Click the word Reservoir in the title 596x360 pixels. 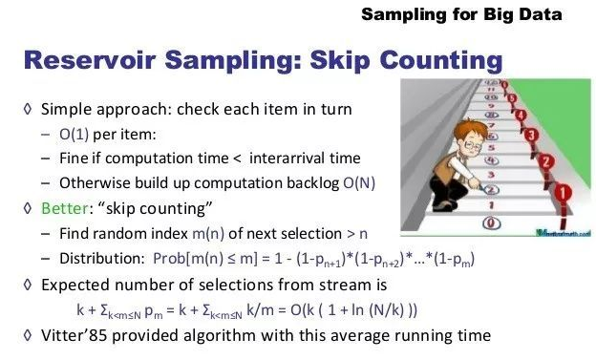coord(90,60)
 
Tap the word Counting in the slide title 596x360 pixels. coord(441,61)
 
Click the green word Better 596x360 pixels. coord(65,208)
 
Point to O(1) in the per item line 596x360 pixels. coord(74,135)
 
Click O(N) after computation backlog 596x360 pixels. coord(359,183)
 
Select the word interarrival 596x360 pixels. coord(287,159)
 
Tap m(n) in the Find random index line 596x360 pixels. coord(208,234)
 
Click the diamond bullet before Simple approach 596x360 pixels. coord(28,109)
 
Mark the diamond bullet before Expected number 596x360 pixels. coord(28,285)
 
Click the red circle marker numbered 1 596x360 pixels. coord(563,193)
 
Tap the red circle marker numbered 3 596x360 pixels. coord(532,135)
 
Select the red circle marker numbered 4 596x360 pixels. coord(521,115)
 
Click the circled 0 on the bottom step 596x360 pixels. coord(491,223)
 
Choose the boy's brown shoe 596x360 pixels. coord(444,206)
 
